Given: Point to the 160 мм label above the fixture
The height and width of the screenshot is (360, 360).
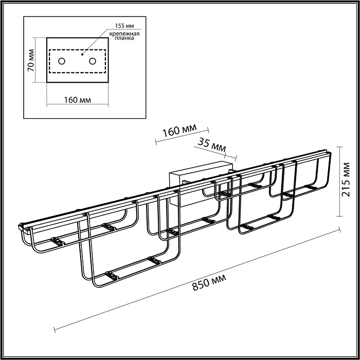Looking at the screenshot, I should [179, 131].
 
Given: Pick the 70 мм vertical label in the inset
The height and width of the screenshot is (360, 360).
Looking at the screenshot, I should [31, 60].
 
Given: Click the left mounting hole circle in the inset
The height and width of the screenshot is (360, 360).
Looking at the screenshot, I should [61, 61].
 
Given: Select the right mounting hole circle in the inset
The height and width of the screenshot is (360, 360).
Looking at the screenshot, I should [93, 61].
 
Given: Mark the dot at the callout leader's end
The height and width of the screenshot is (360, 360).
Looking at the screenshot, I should [83, 52].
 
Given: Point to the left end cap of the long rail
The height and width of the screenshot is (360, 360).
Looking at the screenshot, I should [21, 226].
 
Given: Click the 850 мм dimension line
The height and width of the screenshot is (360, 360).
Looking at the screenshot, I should [195, 278].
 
